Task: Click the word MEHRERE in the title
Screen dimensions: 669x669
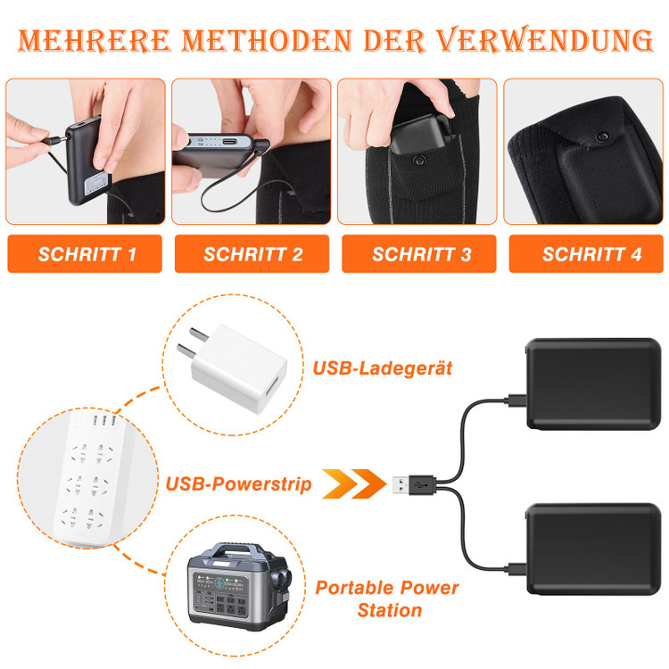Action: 95,40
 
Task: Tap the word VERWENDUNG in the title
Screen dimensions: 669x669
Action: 545,39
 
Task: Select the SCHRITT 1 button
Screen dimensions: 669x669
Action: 85,254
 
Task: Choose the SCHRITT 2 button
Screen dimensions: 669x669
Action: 252,254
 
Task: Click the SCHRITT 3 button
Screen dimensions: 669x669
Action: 419,254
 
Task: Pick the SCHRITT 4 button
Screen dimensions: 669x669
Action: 586,254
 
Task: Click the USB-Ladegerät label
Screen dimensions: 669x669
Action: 383,368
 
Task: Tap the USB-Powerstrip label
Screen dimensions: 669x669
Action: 238,484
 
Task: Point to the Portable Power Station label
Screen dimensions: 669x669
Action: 387,599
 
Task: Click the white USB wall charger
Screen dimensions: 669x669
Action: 234,367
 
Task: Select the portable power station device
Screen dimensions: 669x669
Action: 239,587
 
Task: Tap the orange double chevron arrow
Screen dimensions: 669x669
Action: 354,483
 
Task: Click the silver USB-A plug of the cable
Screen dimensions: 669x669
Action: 401,484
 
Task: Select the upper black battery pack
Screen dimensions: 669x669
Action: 593,384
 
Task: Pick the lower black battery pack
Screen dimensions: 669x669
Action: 593,549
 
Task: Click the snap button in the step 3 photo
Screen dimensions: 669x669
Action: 419,161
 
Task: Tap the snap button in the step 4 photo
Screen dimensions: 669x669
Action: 602,137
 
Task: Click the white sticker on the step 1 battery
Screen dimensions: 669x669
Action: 96,184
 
